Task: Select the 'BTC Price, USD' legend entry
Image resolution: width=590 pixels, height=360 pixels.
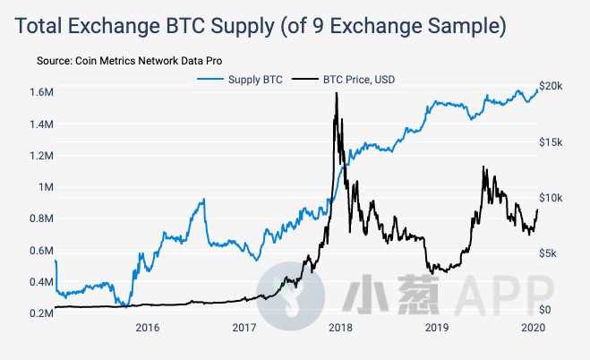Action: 356,80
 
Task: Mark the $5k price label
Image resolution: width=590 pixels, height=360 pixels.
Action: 550,253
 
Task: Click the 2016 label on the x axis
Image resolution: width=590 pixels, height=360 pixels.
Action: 148,327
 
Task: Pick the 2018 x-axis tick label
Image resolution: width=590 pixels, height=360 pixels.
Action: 340,327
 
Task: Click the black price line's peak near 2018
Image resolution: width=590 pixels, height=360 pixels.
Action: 336,93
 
